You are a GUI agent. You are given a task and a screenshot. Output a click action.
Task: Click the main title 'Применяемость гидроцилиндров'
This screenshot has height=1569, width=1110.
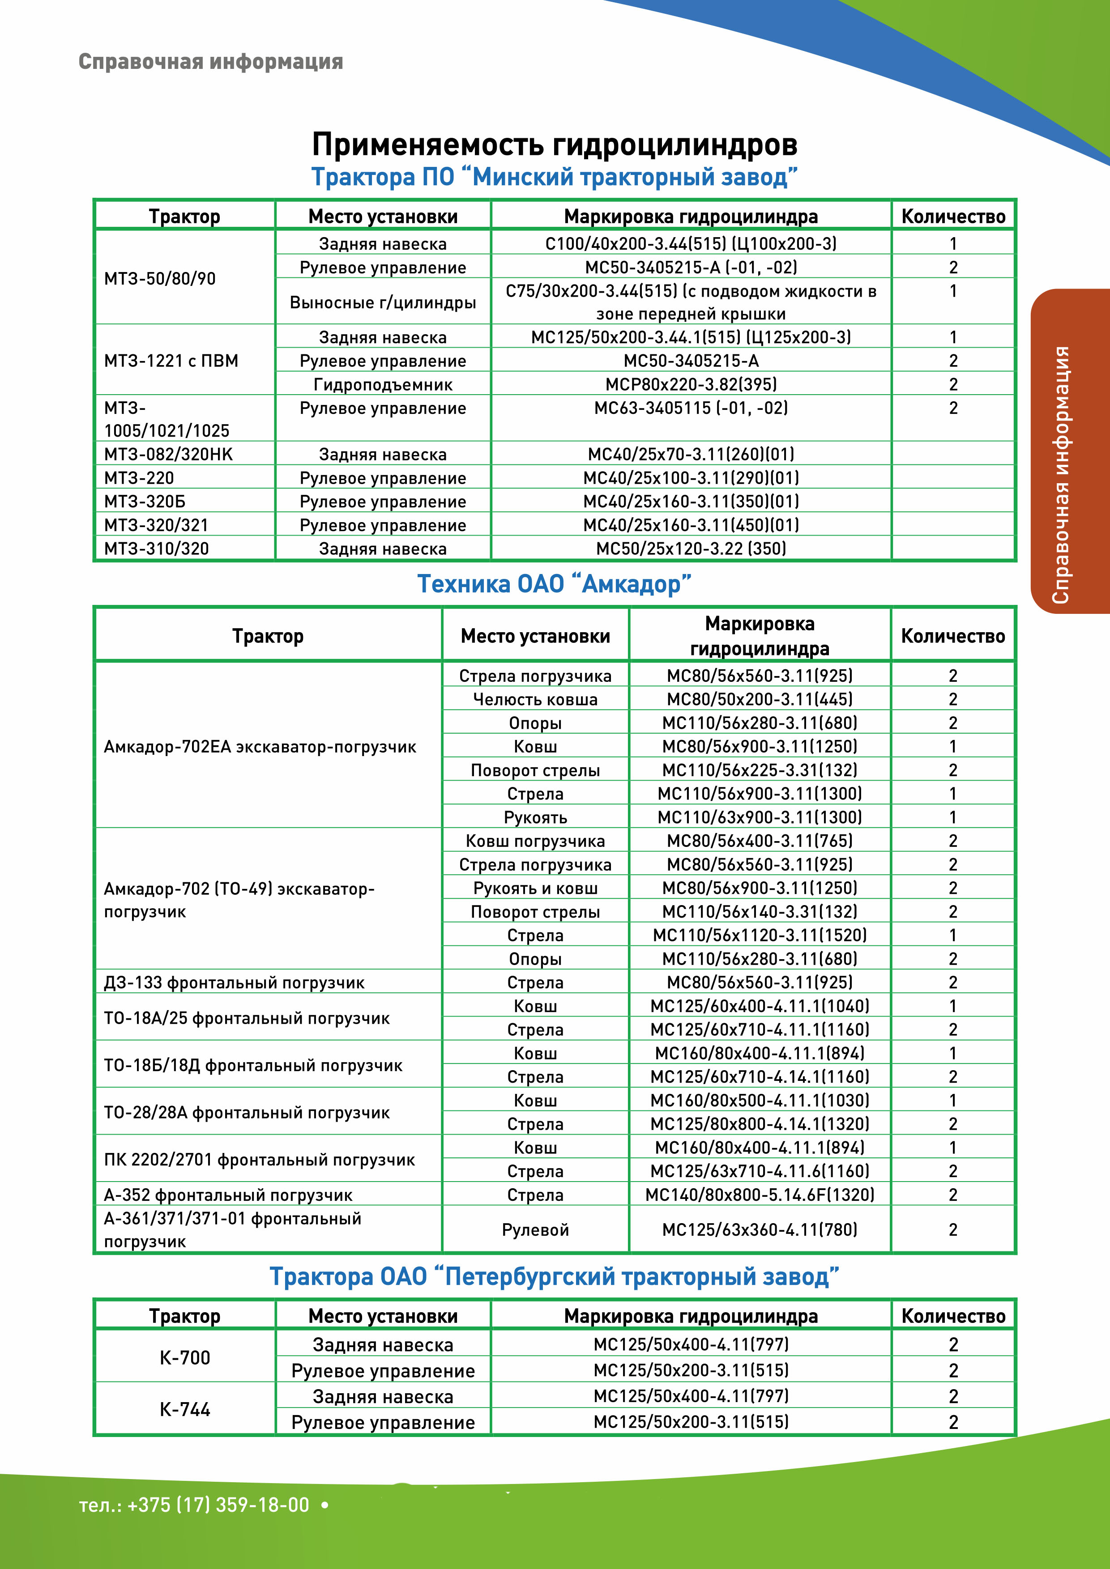(x=554, y=144)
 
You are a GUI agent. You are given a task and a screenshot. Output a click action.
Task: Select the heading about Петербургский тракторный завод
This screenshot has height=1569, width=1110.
(x=554, y=1276)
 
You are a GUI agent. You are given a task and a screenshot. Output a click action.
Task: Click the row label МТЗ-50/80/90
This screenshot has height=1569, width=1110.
(x=160, y=279)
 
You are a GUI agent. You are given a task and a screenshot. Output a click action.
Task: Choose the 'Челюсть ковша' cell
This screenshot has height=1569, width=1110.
(x=535, y=699)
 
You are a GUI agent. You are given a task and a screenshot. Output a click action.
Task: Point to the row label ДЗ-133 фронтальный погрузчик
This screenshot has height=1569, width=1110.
(x=234, y=982)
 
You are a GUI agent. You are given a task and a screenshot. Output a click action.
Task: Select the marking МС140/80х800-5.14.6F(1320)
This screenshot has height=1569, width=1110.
(x=760, y=1195)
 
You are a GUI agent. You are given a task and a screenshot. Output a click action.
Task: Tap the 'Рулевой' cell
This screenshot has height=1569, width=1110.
(x=535, y=1230)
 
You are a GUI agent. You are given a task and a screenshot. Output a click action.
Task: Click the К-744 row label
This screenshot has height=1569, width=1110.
(x=184, y=1409)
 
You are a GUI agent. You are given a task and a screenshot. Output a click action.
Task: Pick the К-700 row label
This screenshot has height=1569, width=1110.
(x=184, y=1357)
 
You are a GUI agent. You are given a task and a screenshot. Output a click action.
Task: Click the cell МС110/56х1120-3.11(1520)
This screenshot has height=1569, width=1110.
(x=760, y=935)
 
